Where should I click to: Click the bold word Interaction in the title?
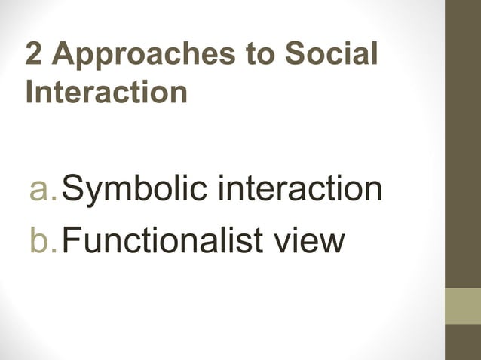[106, 92]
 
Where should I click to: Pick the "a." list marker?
[43, 188]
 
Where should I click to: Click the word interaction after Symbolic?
[299, 188]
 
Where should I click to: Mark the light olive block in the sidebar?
[463, 306]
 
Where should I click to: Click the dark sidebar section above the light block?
[463, 143]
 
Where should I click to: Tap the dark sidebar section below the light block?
[463, 342]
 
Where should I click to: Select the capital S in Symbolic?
[73, 188]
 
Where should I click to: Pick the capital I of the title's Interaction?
[29, 92]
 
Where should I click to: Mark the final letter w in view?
[332, 241]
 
